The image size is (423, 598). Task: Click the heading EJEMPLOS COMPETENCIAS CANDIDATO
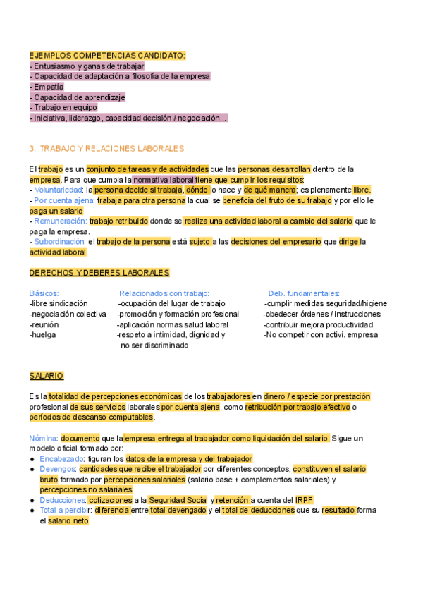(x=107, y=55)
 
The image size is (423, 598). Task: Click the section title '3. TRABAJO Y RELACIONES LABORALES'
(x=106, y=149)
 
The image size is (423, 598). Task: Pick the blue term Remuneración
(x=59, y=221)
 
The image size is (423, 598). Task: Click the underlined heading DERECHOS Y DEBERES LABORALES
(x=99, y=273)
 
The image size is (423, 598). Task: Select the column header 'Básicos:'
(x=44, y=293)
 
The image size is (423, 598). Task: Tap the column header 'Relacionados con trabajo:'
(x=164, y=293)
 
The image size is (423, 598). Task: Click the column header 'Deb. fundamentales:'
(x=304, y=293)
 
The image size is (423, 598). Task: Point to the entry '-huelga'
(x=43, y=335)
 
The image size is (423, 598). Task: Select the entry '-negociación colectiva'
(x=68, y=314)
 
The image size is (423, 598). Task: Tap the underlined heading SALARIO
(x=47, y=376)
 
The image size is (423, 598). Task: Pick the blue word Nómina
(x=43, y=438)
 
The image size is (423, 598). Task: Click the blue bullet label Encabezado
(x=61, y=458)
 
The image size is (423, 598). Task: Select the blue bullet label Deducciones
(x=63, y=500)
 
